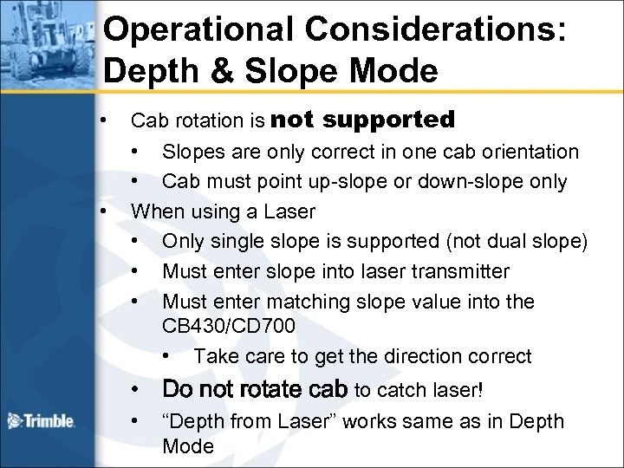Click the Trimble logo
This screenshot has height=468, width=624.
pyautogui.click(x=41, y=422)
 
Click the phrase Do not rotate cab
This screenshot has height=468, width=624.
pyautogui.click(x=255, y=389)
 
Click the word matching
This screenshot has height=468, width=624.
pyautogui.click(x=295, y=302)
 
